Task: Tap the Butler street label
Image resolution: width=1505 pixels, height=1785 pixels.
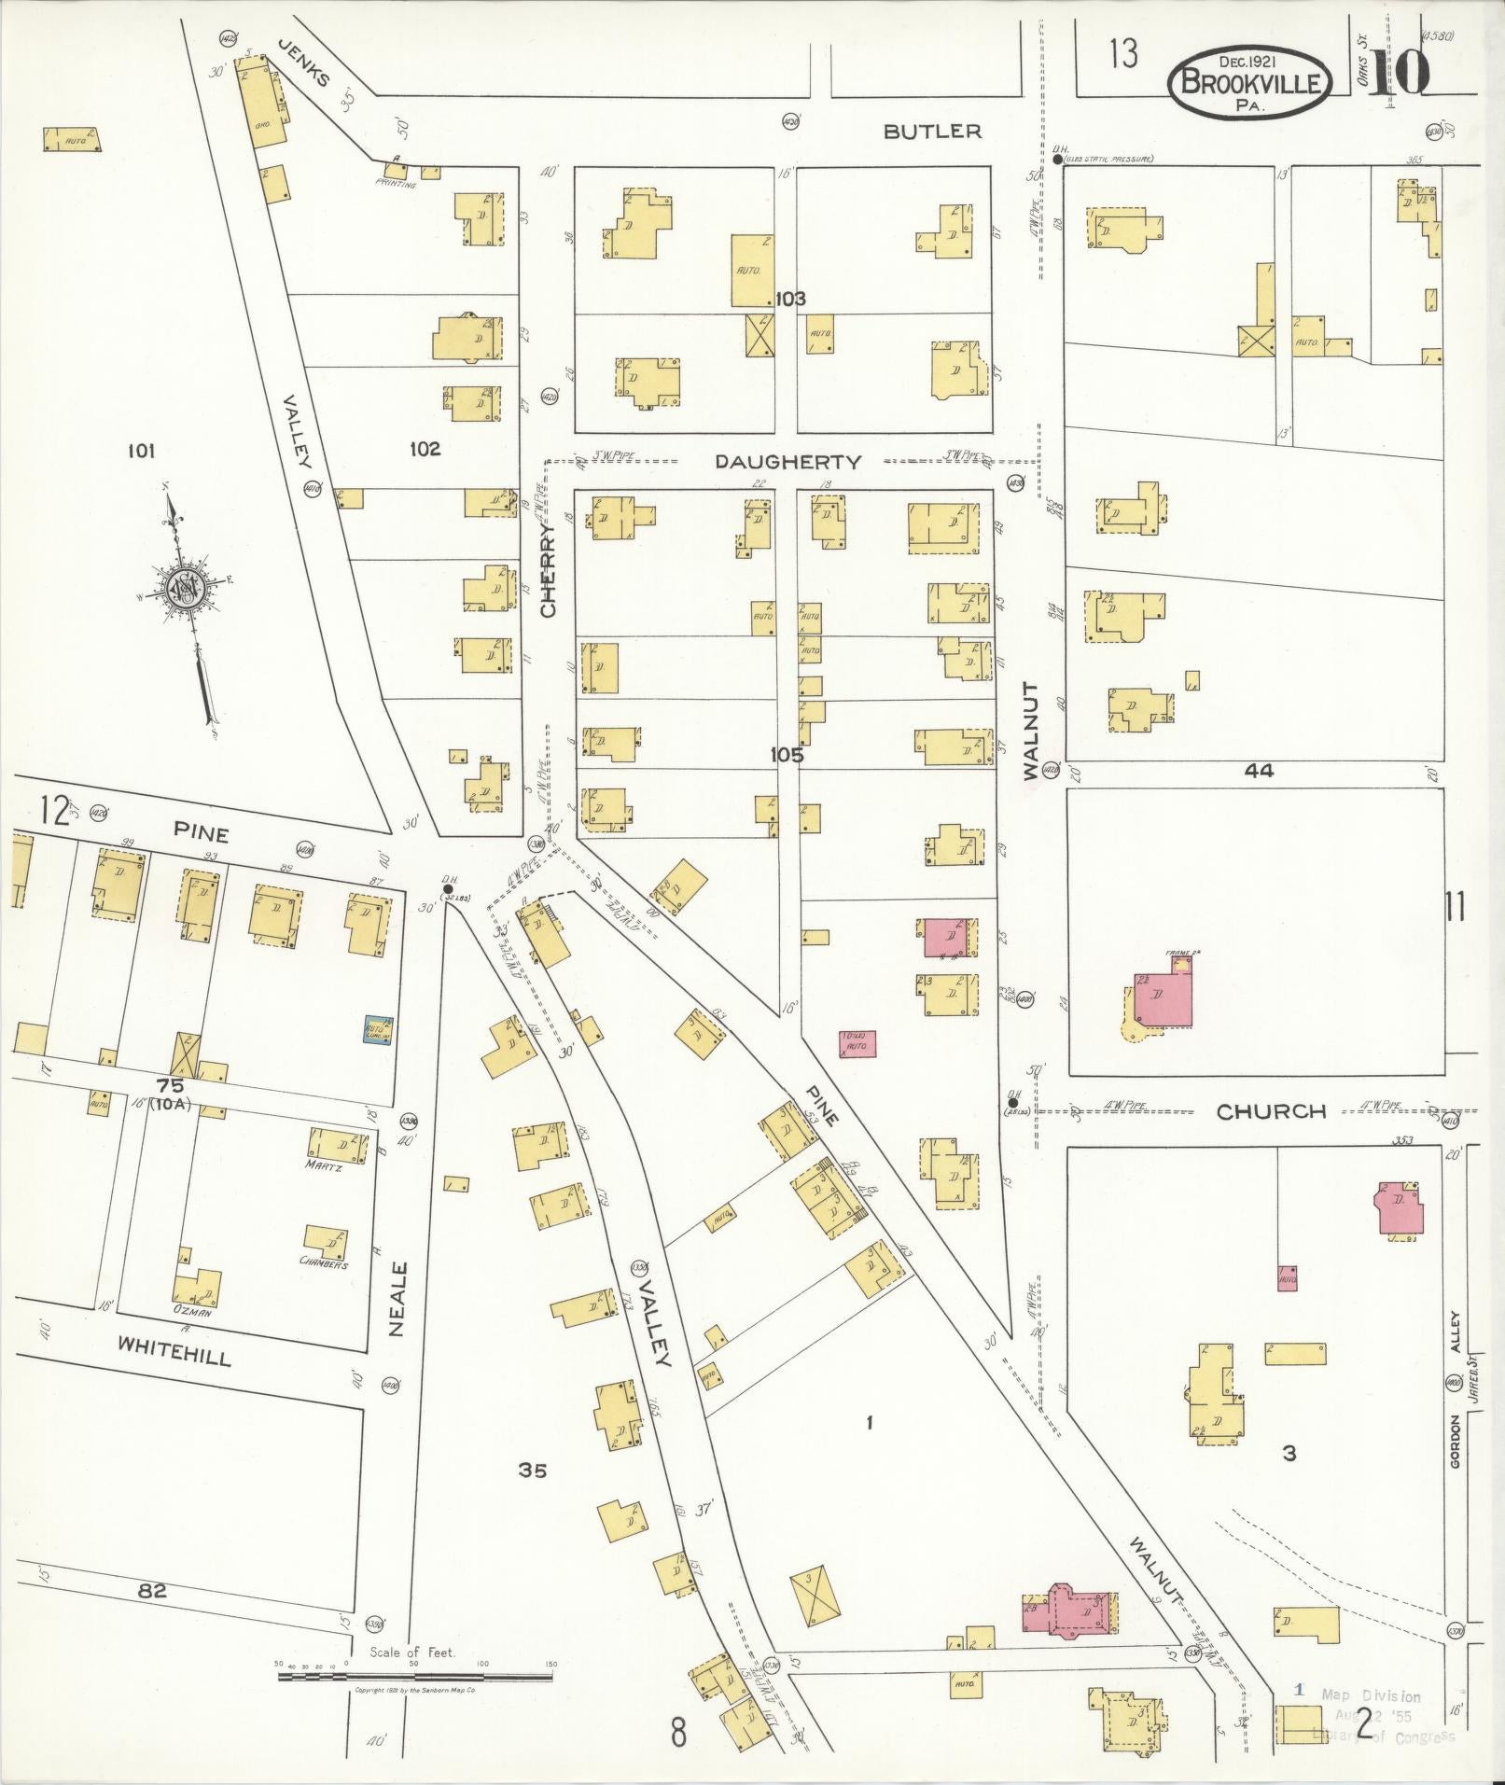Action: pos(932,132)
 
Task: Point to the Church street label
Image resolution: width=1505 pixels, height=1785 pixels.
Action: pos(1271,1111)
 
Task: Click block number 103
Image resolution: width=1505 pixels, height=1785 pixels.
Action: pos(789,300)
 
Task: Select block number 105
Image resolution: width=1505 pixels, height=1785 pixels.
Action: pos(787,755)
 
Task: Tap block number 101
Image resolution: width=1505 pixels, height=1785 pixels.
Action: pos(141,452)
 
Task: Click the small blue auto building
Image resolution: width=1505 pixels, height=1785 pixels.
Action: pos(377,1030)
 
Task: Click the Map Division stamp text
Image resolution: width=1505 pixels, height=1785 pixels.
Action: pos(1371,1695)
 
